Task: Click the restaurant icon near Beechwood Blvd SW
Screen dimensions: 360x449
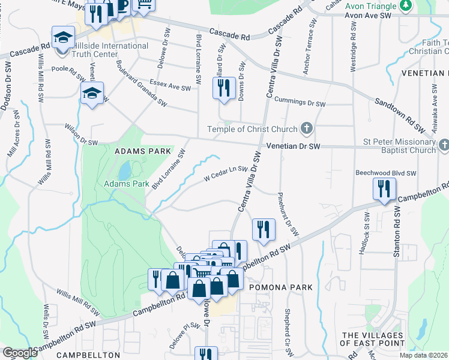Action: pyautogui.click(x=382, y=190)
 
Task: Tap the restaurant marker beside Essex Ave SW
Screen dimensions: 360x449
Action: pyautogui.click(x=221, y=88)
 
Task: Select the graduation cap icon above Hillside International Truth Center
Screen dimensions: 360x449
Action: pyautogui.click(x=62, y=37)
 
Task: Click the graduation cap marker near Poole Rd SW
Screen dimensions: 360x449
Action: pyautogui.click(x=92, y=93)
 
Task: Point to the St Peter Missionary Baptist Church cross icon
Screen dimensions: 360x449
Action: pyautogui.click(x=444, y=145)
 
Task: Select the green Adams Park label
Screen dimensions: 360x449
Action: pyautogui.click(x=126, y=184)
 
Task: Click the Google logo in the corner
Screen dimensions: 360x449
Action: pyautogui.click(x=20, y=353)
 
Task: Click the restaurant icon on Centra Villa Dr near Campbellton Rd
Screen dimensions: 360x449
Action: pyautogui.click(x=263, y=229)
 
